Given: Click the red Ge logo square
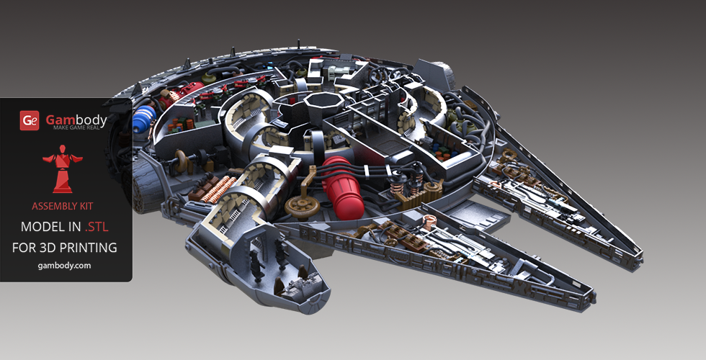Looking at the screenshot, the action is point(30,121).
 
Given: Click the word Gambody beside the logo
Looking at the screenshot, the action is point(76,120).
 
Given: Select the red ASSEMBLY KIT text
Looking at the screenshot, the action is point(63,207).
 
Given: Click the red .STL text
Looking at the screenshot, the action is point(97,226).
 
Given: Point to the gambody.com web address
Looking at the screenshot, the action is point(64,266).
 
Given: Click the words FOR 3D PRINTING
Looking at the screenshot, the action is point(64,248).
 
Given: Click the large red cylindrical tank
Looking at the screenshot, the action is point(342,188).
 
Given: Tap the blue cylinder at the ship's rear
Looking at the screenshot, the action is point(143,117).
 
